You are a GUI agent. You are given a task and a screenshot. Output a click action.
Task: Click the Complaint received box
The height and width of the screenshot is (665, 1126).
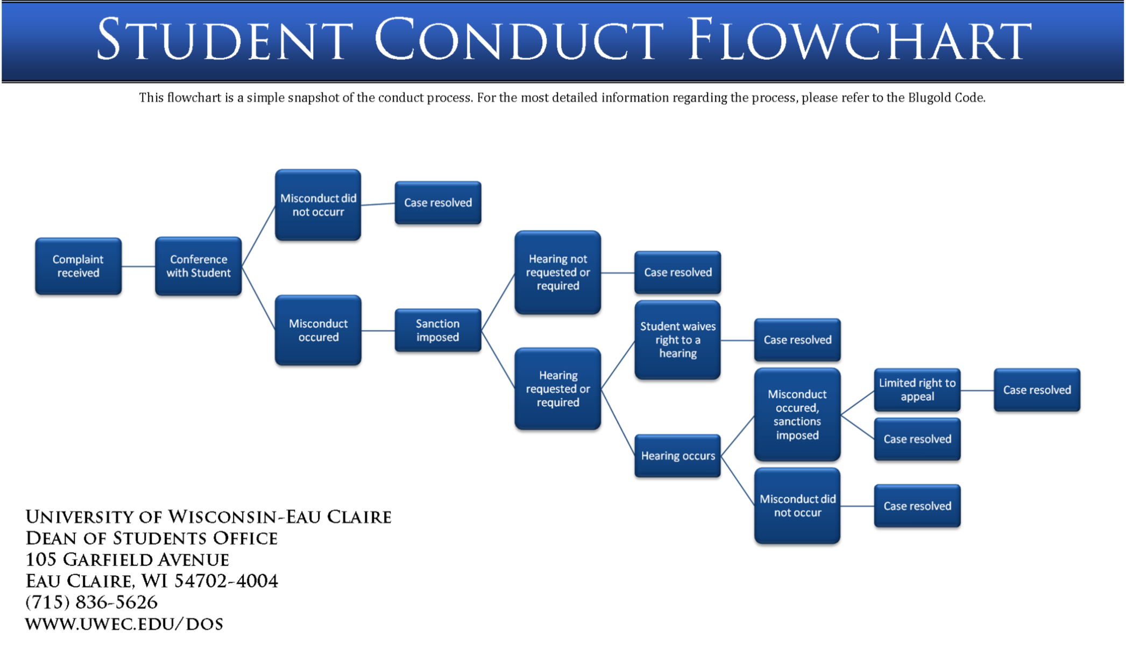pyautogui.click(x=78, y=266)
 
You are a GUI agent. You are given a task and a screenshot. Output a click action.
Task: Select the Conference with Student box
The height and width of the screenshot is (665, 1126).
pyautogui.click(x=198, y=266)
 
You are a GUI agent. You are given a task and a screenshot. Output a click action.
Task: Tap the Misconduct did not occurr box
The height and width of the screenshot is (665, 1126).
pyautogui.click(x=318, y=204)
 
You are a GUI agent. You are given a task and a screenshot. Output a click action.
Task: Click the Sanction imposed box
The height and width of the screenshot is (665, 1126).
pyautogui.click(x=437, y=330)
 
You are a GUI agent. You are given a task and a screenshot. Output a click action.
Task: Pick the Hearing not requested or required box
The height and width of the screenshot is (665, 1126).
pyautogui.click(x=557, y=272)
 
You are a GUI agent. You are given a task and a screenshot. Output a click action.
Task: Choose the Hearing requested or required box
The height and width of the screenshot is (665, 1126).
pyautogui.click(x=557, y=388)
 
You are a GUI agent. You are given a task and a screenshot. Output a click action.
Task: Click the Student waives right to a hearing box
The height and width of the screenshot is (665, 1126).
pyautogui.click(x=677, y=339)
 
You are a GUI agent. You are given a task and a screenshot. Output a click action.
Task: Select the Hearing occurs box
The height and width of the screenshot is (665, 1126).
pyautogui.click(x=677, y=456)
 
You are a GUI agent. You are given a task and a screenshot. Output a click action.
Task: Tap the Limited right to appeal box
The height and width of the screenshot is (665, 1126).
pyautogui.click(x=917, y=390)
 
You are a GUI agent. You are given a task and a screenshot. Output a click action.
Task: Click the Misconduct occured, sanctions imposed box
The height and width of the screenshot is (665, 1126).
pyautogui.click(x=797, y=414)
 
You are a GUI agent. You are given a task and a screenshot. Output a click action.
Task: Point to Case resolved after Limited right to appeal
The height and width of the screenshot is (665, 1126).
pyautogui.click(x=1037, y=390)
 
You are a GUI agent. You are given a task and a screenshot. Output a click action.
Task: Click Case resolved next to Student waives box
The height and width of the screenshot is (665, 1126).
pyautogui.click(x=797, y=339)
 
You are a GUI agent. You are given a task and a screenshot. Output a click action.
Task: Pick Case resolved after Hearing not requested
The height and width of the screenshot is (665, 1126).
pyautogui.click(x=677, y=272)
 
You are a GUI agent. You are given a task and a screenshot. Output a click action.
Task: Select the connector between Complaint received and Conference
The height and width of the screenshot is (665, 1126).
pyautogui.click(x=138, y=266)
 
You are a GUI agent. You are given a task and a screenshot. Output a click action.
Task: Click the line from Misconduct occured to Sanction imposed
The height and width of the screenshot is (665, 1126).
pyautogui.click(x=378, y=330)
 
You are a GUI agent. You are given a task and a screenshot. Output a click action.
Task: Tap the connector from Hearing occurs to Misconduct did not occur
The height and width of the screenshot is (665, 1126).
pyautogui.click(x=738, y=480)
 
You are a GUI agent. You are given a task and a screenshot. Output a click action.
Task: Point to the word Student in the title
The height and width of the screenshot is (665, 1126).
pyautogui.click(x=224, y=40)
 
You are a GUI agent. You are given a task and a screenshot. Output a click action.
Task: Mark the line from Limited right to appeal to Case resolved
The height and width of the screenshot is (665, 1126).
pyautogui.click(x=977, y=391)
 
